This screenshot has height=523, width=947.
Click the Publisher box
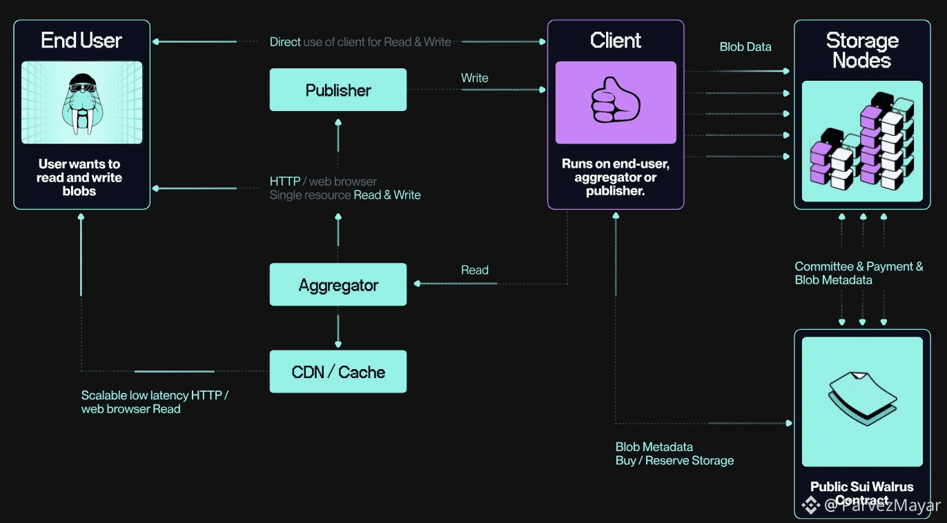[338, 90]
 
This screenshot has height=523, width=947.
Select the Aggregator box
[338, 285]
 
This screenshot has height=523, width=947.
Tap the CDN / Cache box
[338, 373]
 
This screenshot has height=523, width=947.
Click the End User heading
[81, 40]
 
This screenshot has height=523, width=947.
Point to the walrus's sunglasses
[82, 88]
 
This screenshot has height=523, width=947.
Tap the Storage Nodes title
[861, 50]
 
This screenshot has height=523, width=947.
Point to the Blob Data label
[745, 47]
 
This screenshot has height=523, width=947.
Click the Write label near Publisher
[475, 78]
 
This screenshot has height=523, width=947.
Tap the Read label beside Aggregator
[475, 270]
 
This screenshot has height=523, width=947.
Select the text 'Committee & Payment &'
[859, 266]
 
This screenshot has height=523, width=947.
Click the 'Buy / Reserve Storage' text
[674, 460]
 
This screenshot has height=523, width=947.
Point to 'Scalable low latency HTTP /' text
[155, 395]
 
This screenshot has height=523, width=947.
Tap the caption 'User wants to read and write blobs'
[80, 177]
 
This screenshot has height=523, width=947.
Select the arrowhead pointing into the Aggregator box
[416, 284]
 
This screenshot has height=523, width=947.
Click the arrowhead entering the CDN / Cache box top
[338, 344]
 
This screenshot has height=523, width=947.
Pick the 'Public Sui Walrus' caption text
[861, 487]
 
